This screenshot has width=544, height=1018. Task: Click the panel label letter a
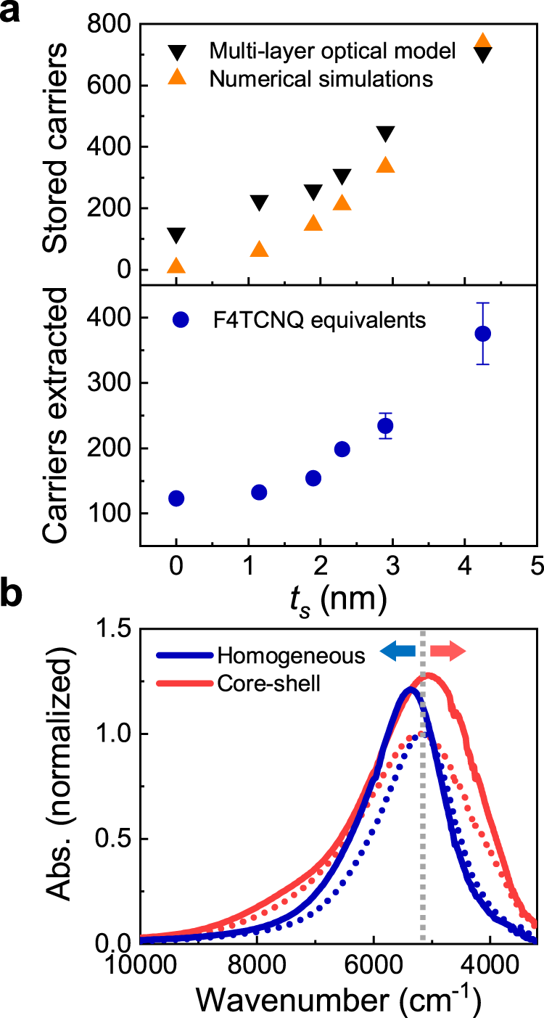(13, 12)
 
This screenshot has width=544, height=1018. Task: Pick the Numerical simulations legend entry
(321, 78)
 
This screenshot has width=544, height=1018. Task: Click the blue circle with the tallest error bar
(482, 334)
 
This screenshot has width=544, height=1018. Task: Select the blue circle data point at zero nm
(176, 498)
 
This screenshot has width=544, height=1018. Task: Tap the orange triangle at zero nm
(176, 266)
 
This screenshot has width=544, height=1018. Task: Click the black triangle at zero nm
(176, 236)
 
